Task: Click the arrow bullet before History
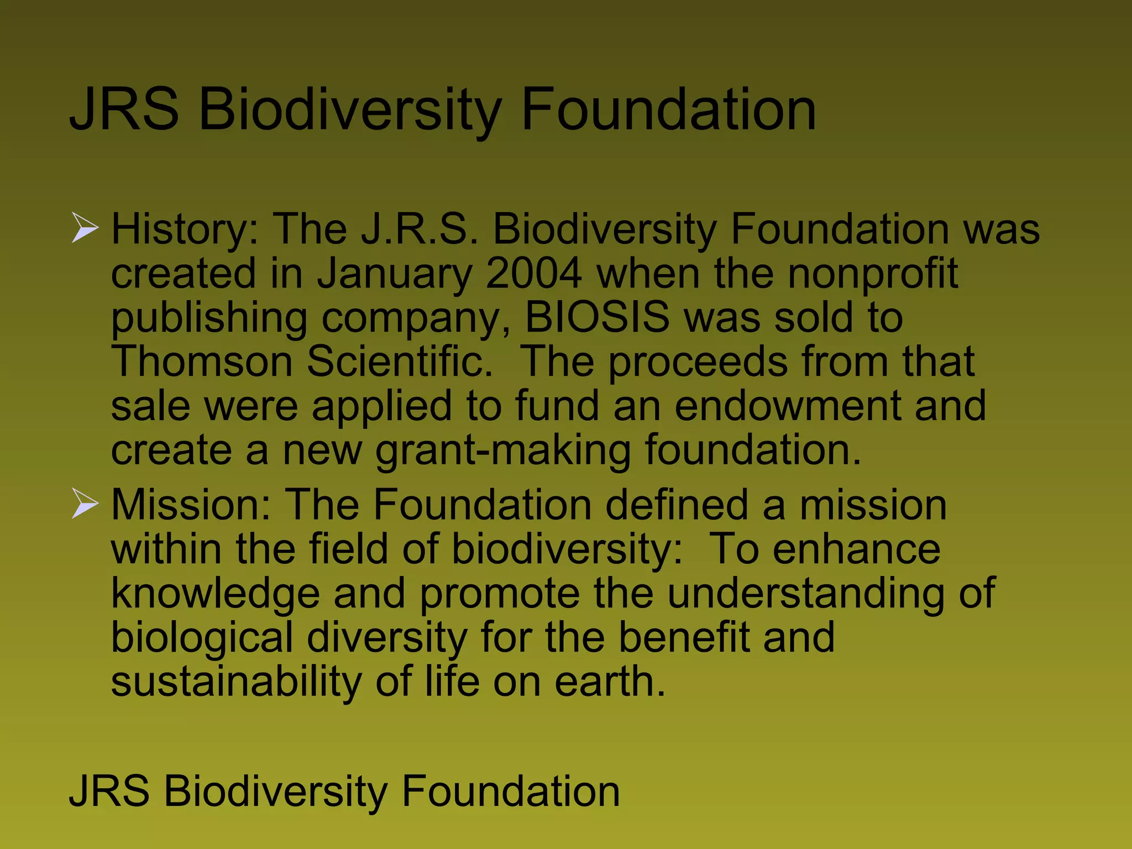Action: pyautogui.click(x=85, y=229)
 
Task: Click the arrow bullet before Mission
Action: pyautogui.click(x=85, y=505)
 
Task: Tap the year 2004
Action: pyautogui.click(x=533, y=273)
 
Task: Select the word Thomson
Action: pyautogui.click(x=202, y=361)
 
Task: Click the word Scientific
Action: pyautogui.click(x=399, y=361)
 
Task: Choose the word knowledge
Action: pyautogui.click(x=216, y=594)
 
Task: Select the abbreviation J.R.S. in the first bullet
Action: pyautogui.click(x=420, y=229)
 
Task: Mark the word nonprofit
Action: pyautogui.click(x=873, y=274)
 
